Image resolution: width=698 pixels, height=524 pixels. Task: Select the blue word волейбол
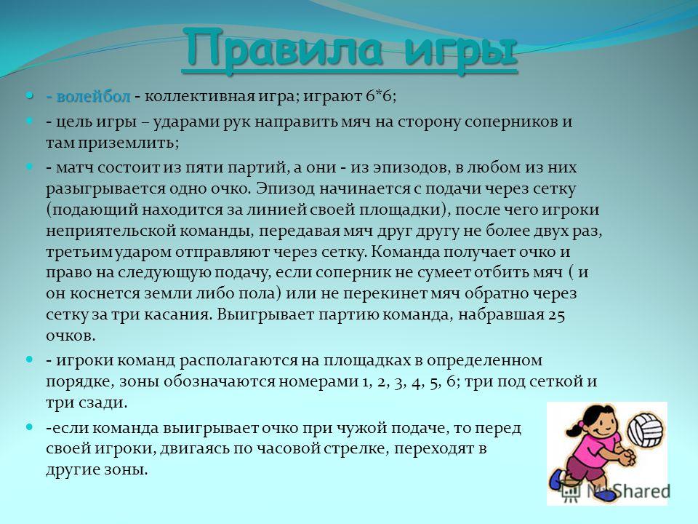(x=94, y=96)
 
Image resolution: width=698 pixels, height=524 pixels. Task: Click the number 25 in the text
(x=557, y=315)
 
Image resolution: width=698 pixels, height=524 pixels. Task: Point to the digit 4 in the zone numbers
(x=416, y=382)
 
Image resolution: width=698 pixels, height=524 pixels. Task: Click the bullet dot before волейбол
(x=29, y=95)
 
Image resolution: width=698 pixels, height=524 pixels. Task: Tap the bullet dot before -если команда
(x=29, y=427)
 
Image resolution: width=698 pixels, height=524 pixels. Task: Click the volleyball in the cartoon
(x=645, y=429)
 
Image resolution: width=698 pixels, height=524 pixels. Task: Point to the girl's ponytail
(x=575, y=429)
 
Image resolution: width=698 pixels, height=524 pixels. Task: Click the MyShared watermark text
(x=628, y=491)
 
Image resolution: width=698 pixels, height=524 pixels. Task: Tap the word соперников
(x=508, y=122)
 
